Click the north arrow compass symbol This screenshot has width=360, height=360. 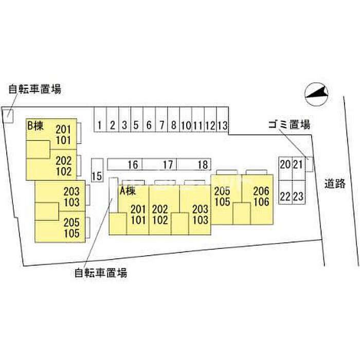[316, 94]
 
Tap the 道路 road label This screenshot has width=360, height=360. [335, 184]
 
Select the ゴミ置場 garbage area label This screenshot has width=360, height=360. [289, 124]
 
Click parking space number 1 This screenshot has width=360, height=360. [99, 125]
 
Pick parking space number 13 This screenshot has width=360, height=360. [223, 125]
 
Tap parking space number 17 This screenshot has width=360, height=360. [168, 165]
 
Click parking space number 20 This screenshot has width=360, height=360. [285, 165]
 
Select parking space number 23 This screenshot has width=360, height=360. [298, 196]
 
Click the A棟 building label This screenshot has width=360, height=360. [128, 191]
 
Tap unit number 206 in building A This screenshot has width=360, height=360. [261, 191]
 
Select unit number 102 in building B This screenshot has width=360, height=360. [64, 172]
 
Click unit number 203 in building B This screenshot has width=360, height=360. [71, 191]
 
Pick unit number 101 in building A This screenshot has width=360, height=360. [138, 220]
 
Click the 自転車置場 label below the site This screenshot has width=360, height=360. [101, 273]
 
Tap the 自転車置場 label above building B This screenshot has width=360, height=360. [35, 89]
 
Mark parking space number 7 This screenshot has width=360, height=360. [162, 125]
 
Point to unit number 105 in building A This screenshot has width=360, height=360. [222, 202]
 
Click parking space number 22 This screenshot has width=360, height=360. [285, 196]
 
